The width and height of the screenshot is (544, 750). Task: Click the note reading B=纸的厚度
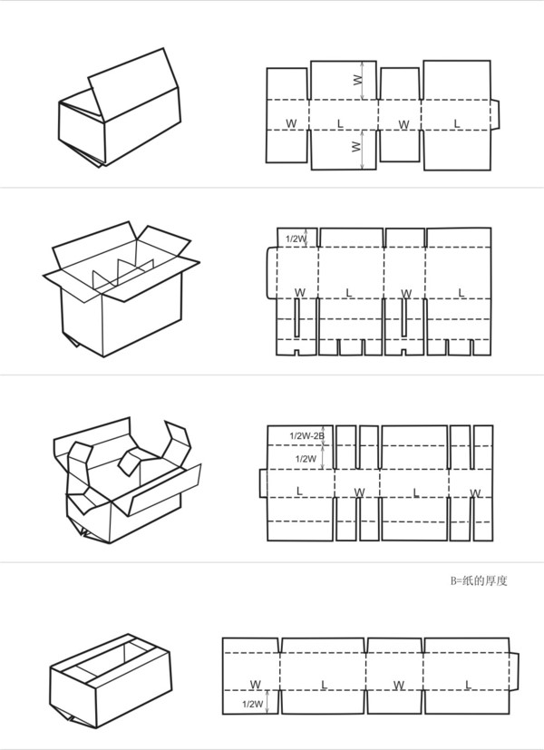click(x=478, y=580)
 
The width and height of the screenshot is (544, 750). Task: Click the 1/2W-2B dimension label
click(x=306, y=435)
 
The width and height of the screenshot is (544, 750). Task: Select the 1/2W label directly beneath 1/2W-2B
click(x=306, y=459)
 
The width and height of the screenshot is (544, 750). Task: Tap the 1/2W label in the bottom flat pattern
click(x=252, y=704)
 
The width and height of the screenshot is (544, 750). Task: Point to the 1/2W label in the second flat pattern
click(x=296, y=239)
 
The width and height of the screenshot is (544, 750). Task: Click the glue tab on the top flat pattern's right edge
click(x=495, y=115)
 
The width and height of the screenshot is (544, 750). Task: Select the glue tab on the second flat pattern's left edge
click(x=271, y=273)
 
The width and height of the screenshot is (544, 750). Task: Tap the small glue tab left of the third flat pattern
click(x=264, y=483)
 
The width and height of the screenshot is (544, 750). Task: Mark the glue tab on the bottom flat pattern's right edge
click(x=514, y=672)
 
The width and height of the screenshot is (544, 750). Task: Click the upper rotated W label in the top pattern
click(x=358, y=81)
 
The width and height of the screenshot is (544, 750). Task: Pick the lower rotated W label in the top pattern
click(x=356, y=146)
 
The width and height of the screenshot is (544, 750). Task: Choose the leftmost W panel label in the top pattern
click(x=291, y=123)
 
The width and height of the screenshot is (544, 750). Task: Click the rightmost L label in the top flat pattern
click(x=457, y=124)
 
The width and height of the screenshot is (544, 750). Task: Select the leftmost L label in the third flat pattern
click(x=299, y=492)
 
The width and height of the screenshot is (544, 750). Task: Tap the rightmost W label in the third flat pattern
click(x=475, y=493)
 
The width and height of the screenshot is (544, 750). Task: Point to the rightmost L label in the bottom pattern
click(x=468, y=685)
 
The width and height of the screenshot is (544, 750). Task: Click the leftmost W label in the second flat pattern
click(x=300, y=292)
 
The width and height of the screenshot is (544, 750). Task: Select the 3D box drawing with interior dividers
click(x=121, y=288)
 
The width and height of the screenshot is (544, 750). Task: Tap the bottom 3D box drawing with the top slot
click(x=111, y=681)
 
